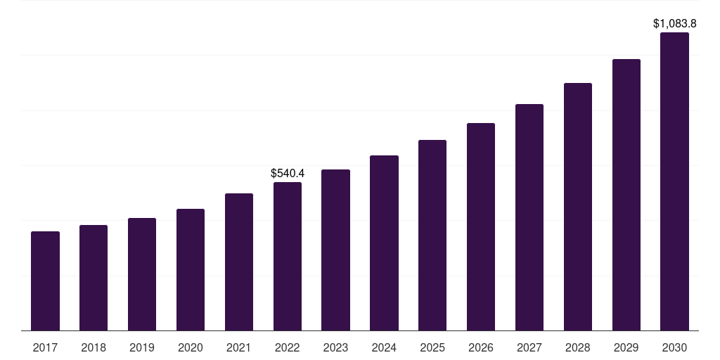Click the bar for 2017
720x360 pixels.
(45, 281)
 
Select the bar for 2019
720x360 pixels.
(142, 274)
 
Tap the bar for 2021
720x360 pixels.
(239, 262)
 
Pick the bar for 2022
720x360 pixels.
(288, 256)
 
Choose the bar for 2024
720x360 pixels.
(384, 243)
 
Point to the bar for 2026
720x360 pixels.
(481, 226)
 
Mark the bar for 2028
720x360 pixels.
(578, 207)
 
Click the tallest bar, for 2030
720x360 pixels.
(674, 181)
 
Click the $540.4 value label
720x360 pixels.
(288, 173)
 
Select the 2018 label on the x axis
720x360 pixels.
(94, 347)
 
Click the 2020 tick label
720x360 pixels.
(191, 347)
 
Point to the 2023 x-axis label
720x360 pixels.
(335, 347)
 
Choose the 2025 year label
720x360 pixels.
(432, 347)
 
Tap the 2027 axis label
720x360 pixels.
(529, 347)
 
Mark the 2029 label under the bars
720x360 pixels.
(626, 347)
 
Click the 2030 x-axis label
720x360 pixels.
(674, 347)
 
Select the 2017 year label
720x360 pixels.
(45, 347)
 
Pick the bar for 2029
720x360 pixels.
(626, 195)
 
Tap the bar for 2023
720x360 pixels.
(335, 250)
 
